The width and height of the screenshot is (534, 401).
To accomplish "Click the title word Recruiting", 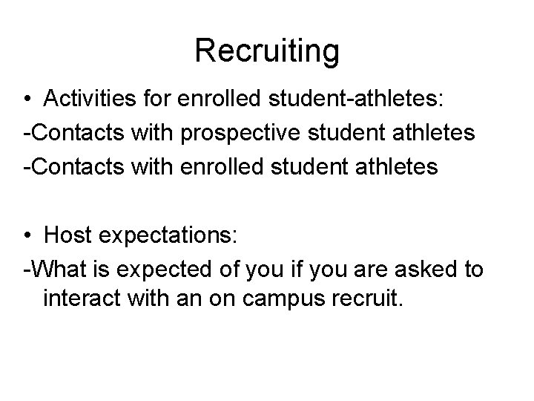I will [x=267, y=51].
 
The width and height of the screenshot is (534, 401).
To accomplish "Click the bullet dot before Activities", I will [x=27, y=100].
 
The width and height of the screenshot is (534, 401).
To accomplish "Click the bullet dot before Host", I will [x=27, y=235].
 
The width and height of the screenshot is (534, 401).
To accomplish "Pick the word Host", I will [x=65, y=235].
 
